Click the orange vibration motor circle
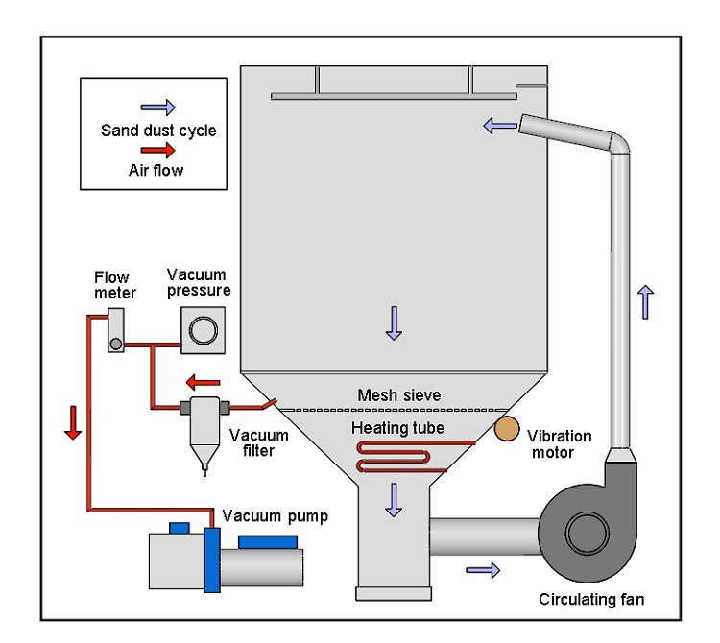tap(505, 429)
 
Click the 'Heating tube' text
tap(397, 427)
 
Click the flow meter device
tap(116, 330)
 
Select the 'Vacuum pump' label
tap(275, 516)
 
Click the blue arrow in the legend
tap(158, 108)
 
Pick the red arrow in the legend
tap(158, 151)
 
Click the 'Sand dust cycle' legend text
tap(158, 131)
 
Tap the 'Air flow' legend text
tap(156, 171)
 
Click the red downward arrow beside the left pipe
tap(73, 422)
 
